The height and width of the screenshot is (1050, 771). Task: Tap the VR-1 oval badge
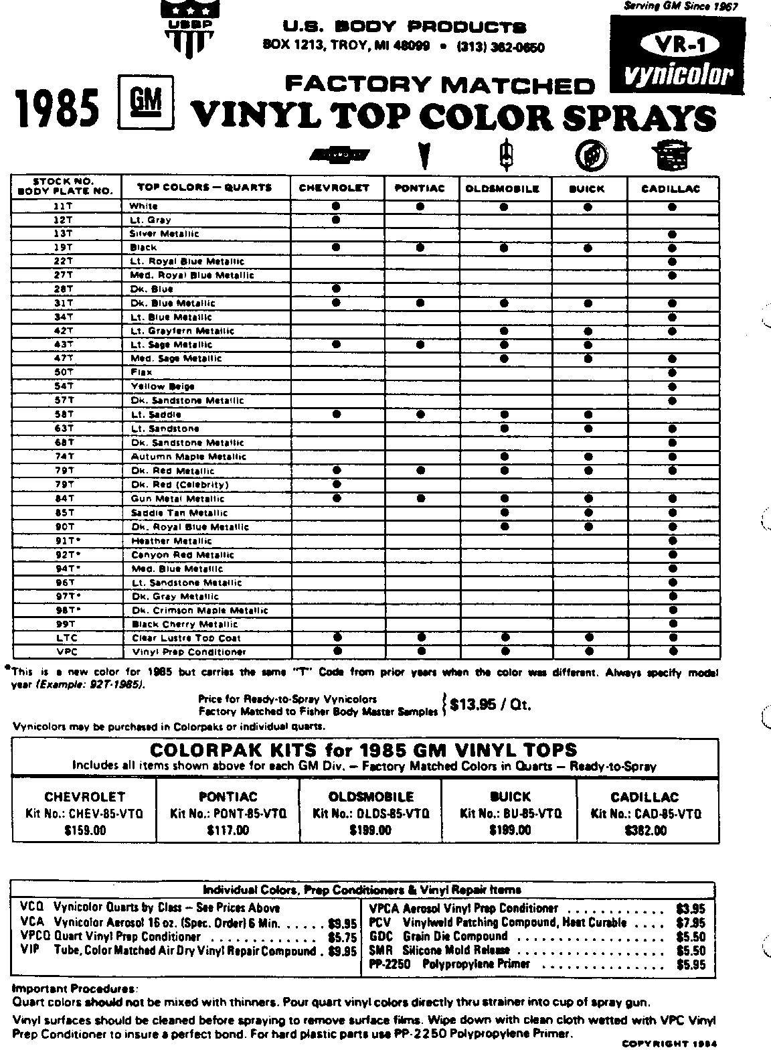pyautogui.click(x=677, y=45)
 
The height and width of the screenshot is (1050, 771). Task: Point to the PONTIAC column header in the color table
pyautogui.click(x=420, y=189)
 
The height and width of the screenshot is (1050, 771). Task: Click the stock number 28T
pyautogui.click(x=65, y=289)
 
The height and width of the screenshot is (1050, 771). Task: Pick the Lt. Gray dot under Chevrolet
pyautogui.click(x=336, y=220)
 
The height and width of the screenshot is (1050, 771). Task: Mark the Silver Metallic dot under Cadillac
pyautogui.click(x=672, y=234)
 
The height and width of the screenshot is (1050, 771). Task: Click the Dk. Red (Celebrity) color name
pyautogui.click(x=180, y=484)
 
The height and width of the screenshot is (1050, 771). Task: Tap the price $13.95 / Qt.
pyautogui.click(x=490, y=704)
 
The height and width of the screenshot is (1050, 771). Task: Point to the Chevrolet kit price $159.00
pyautogui.click(x=84, y=831)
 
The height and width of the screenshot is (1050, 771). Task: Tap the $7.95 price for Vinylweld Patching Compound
pyautogui.click(x=691, y=923)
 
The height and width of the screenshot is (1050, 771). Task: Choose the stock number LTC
pyautogui.click(x=66, y=637)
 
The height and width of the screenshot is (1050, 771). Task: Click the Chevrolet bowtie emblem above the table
pyautogui.click(x=339, y=155)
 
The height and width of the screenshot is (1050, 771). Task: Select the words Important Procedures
pyautogui.click(x=74, y=989)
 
